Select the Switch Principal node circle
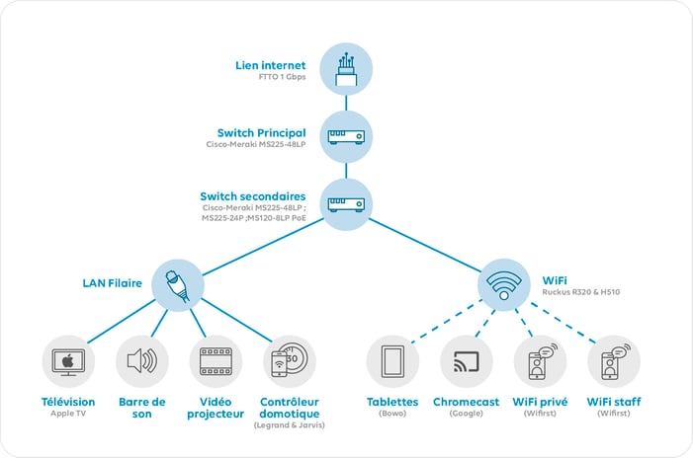pos(346,135)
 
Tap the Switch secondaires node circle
pos(346,202)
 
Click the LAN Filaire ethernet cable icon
pos(178,285)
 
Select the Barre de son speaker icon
pos(141,361)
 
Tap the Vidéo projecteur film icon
pos(215,361)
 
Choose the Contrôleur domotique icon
pos(289,361)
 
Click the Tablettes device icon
pos(392,361)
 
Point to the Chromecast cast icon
pos(466,361)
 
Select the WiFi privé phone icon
pos(540,361)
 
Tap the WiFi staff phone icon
pos(613,361)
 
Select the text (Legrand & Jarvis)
pos(289,425)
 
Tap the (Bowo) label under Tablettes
pos(392,415)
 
